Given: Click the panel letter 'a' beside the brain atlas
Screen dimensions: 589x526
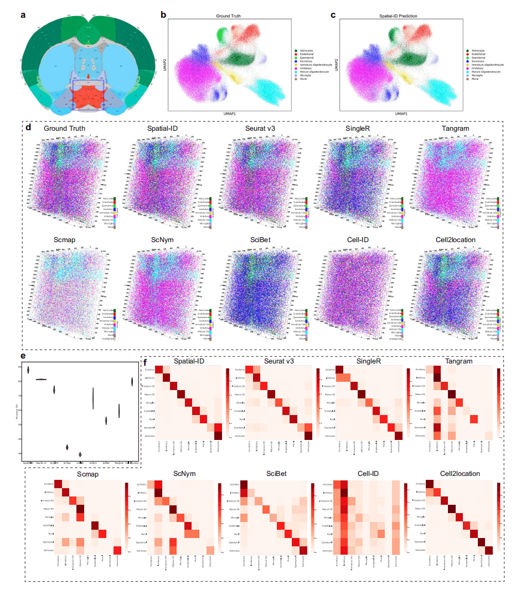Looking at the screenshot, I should pos(23,15).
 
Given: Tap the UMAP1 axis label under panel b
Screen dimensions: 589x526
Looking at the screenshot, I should pos(230,114).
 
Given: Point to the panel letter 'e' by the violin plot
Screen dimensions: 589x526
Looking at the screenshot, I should pos(23,356).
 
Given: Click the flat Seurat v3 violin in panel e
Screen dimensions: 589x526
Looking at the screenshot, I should pos(41,380).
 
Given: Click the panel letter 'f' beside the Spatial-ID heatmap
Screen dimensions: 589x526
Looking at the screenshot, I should pos(145,359).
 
